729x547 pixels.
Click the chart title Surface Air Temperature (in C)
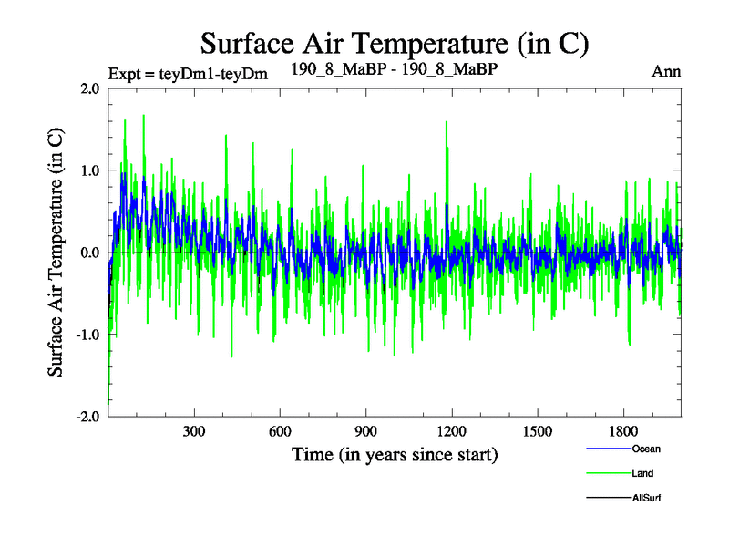pyautogui.click(x=394, y=43)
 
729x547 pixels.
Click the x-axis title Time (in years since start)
pyautogui.click(x=394, y=453)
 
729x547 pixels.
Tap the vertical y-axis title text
pyautogui.click(x=56, y=253)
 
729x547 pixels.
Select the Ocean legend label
pyautogui.click(x=646, y=449)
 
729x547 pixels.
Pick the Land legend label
pyautogui.click(x=642, y=473)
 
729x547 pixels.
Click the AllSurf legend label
pyautogui.click(x=646, y=498)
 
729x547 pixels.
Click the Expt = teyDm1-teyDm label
pyautogui.click(x=188, y=74)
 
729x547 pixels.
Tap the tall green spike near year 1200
pyautogui.click(x=447, y=128)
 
